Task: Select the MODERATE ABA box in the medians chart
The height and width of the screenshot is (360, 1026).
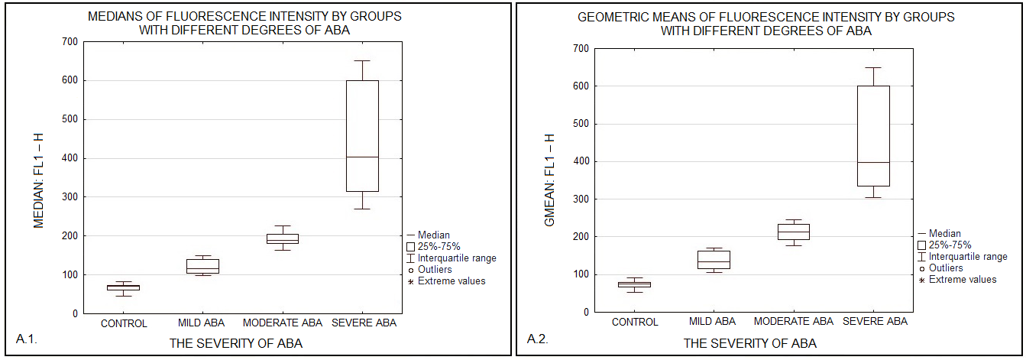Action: pos(282,238)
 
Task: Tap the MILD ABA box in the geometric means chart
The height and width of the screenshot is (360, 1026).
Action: pos(714,259)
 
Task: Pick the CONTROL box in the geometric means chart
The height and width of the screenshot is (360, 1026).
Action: pos(634,284)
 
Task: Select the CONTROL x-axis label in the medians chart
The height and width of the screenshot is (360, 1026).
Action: pos(124,323)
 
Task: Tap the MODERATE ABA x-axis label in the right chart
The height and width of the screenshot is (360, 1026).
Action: pos(793,322)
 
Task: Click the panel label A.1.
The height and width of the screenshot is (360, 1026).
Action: pos(27,338)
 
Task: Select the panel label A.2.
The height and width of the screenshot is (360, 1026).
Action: pos(538,338)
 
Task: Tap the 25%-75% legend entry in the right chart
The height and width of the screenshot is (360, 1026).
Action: pos(950,245)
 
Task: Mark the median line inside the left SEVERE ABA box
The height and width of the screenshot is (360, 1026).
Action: pos(362,157)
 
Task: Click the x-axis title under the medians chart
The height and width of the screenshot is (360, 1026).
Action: pos(235,344)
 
